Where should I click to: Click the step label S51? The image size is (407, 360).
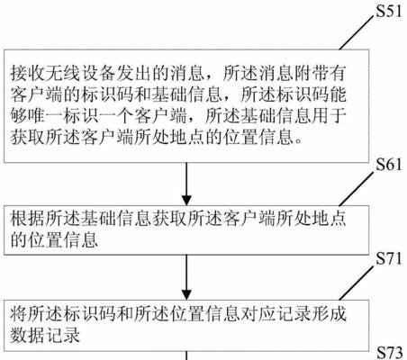tap(389, 11)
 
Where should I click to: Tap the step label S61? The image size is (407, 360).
tap(389, 165)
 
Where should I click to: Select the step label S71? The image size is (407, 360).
tap(389, 258)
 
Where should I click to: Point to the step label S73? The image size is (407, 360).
tap(389, 353)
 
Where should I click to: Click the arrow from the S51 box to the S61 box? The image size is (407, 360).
tap(186, 184)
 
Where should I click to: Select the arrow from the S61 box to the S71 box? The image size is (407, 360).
tap(186, 277)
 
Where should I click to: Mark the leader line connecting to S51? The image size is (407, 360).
tap(357, 33)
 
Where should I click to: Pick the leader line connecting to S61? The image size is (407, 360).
tap(357, 190)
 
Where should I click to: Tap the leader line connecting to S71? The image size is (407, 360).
tap(357, 283)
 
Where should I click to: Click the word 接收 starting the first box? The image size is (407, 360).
tap(28, 73)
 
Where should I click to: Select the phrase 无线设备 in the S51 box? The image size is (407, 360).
tap(80, 73)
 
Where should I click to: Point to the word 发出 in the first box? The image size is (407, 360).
tap(133, 73)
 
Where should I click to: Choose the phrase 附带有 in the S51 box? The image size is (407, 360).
tap(320, 73)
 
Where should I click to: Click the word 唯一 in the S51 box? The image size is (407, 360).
tap(45, 116)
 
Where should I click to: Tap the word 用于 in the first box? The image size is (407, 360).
tap(329, 116)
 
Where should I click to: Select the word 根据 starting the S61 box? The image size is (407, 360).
tap(28, 219)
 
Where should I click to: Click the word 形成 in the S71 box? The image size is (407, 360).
tap(329, 313)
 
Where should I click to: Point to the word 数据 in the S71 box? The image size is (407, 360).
tap(28, 335)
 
